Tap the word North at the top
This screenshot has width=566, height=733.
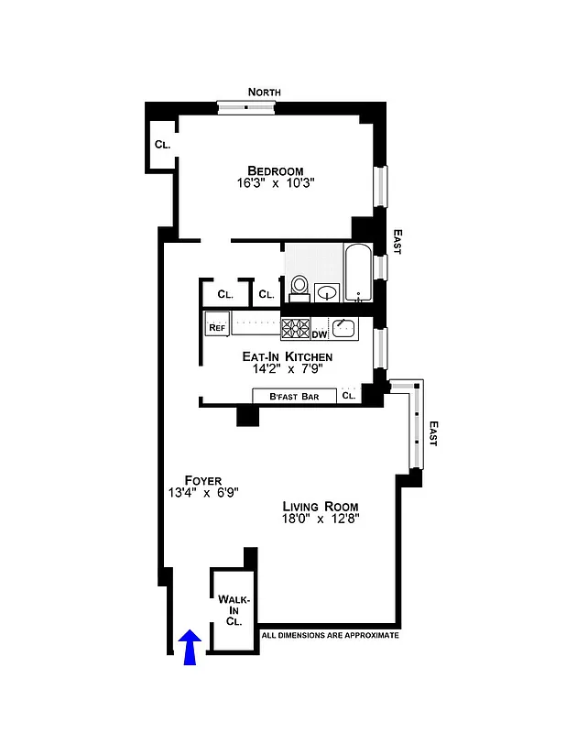pyautogui.click(x=263, y=92)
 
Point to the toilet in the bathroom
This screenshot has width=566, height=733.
pyautogui.click(x=298, y=289)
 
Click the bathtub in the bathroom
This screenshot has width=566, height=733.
pyautogui.click(x=358, y=273)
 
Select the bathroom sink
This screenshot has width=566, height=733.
pyautogui.click(x=326, y=292)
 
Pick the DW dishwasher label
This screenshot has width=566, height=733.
pyautogui.click(x=320, y=334)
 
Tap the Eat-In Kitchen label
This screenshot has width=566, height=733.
pyautogui.click(x=287, y=356)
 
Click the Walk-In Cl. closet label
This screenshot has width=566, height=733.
pyautogui.click(x=234, y=609)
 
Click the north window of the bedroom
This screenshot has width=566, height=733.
pyautogui.click(x=245, y=107)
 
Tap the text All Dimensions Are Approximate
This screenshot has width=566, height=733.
pyautogui.click(x=330, y=635)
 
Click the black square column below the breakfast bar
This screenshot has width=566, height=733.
pyautogui.click(x=248, y=415)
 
